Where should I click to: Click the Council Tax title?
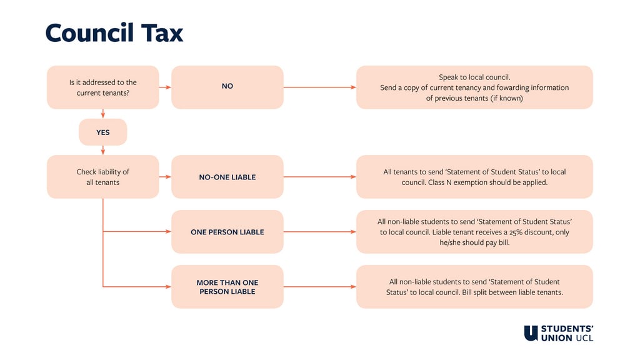click(114, 32)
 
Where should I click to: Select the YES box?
click(103, 132)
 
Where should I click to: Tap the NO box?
click(227, 87)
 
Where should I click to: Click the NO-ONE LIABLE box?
click(227, 177)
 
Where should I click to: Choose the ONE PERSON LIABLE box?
click(227, 232)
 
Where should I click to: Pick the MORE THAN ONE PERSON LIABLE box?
click(227, 286)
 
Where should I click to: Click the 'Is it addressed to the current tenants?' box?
click(103, 87)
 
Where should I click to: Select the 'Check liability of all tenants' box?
click(103, 177)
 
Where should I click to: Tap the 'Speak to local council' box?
click(474, 87)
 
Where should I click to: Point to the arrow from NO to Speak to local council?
click(320, 87)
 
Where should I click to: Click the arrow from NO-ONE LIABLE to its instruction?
click(320, 177)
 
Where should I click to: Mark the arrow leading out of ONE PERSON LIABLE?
click(320, 232)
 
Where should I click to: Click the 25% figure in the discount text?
click(516, 232)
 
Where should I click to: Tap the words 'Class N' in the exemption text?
click(439, 182)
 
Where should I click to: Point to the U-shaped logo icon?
click(531, 333)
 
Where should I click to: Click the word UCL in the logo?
click(584, 338)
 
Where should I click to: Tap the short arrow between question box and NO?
click(165, 87)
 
